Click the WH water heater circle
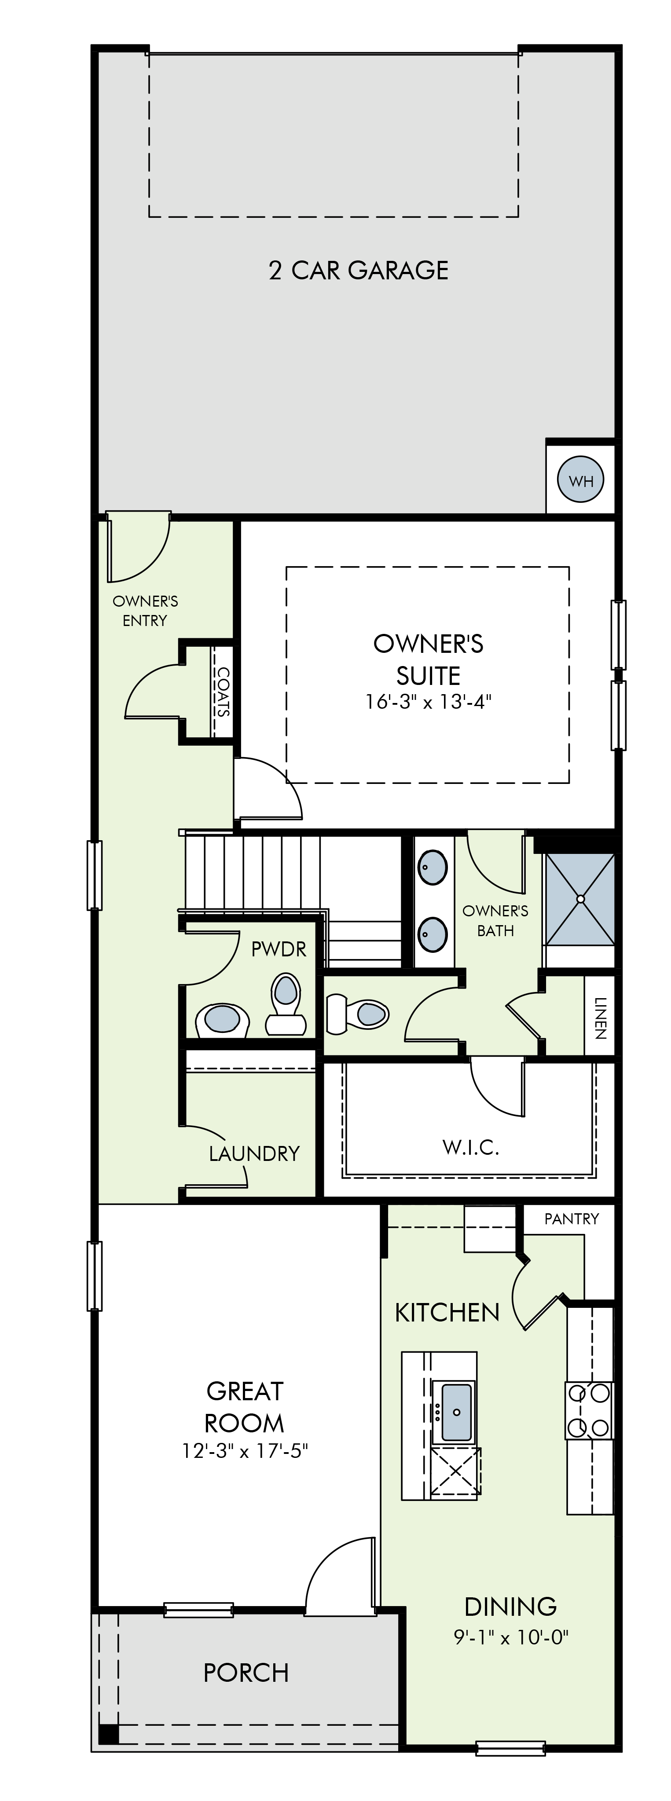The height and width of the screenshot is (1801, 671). pos(580,480)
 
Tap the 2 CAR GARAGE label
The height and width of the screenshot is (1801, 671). pos(359,271)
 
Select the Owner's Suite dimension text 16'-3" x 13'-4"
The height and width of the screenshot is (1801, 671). pos(429,701)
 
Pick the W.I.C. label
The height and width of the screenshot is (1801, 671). pos(470,1147)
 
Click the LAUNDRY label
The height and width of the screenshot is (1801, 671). pos(254,1153)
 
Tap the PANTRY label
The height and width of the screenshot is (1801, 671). pos(572,1219)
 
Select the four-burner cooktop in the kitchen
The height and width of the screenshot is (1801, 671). pos(589,1409)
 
